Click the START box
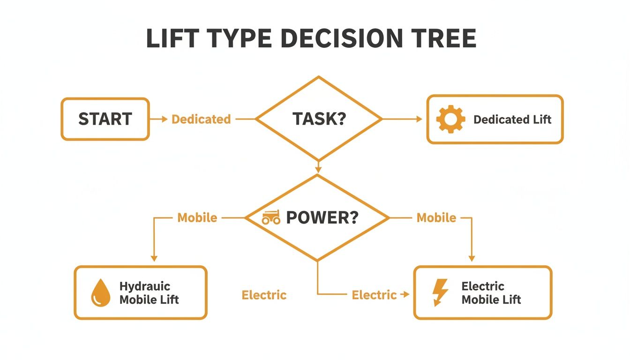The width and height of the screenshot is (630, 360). (105, 119)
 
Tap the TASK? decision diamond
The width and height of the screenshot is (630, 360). (319, 119)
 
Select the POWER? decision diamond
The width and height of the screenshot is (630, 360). (317, 217)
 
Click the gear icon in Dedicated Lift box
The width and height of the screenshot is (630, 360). (450, 120)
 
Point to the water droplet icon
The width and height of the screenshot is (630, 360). (100, 293)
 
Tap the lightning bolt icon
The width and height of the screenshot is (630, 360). (441, 292)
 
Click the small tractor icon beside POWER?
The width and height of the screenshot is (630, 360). (271, 217)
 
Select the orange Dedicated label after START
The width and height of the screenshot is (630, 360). (201, 119)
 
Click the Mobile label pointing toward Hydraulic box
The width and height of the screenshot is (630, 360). (197, 217)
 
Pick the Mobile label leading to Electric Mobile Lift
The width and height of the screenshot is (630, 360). (436, 217)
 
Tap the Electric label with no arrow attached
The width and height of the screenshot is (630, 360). (264, 295)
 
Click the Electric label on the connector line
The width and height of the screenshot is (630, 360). (374, 295)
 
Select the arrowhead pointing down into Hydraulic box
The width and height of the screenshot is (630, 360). (154, 258)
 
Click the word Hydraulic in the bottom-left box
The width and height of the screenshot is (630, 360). (145, 286)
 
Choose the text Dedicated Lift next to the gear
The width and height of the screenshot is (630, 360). (512, 120)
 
